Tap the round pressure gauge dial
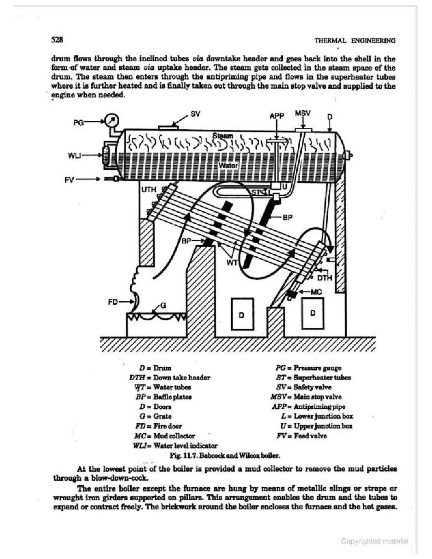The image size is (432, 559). click(112, 120)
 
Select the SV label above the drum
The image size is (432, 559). click(195, 114)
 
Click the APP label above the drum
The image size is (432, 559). click(277, 116)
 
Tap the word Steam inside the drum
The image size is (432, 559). click(223, 136)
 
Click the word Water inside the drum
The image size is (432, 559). click(228, 166)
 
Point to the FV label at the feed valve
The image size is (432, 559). click(69, 180)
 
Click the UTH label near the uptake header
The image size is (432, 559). click(149, 190)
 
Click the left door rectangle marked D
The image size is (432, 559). click(242, 314)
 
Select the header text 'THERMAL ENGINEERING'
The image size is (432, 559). click(355, 41)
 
